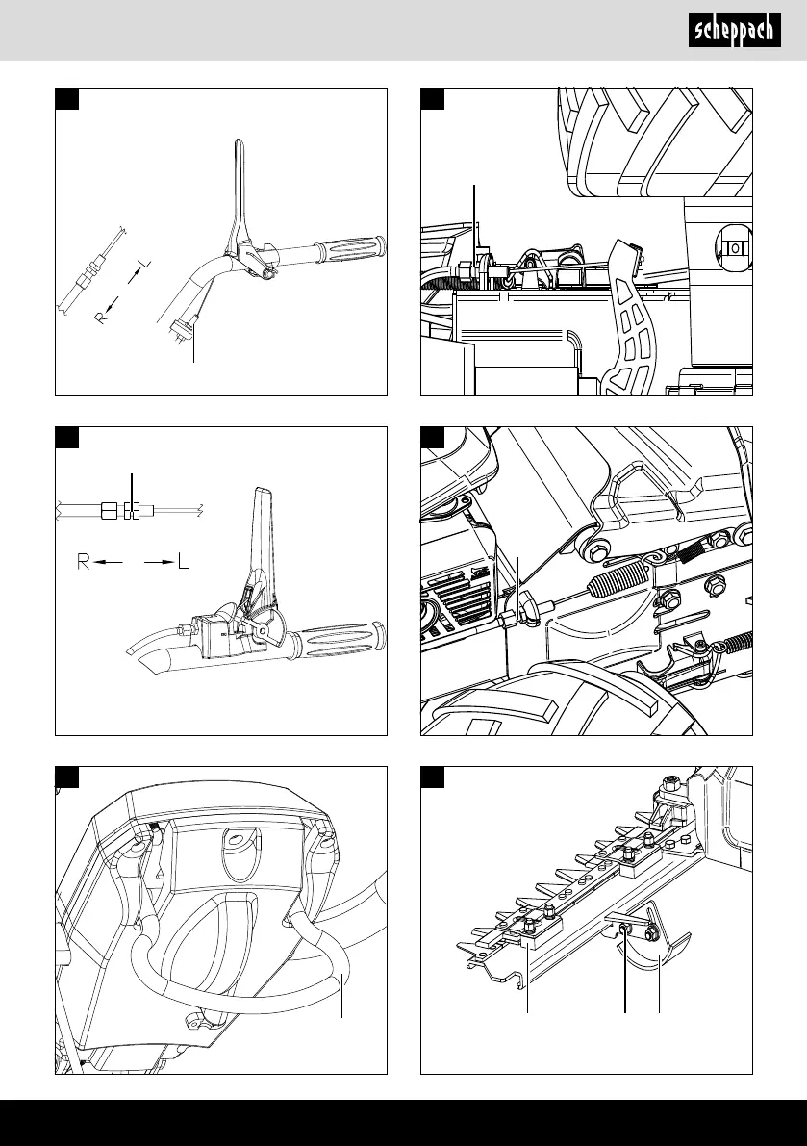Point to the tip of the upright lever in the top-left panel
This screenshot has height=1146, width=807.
236,145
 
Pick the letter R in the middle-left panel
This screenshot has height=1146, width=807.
85,561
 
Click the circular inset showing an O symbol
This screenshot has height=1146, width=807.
734,247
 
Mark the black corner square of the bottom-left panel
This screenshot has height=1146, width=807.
66,777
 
